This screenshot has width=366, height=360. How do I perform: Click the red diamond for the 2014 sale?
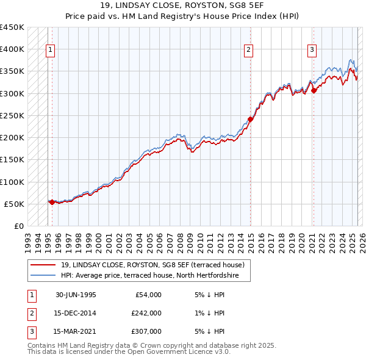[250, 119]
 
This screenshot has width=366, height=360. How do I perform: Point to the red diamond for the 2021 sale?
[314, 90]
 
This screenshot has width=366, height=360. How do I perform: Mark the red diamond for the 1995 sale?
[52, 202]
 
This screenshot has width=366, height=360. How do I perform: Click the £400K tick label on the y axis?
[12, 49]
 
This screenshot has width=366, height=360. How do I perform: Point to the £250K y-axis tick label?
[12, 115]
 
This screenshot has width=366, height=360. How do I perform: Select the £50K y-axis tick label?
[15, 204]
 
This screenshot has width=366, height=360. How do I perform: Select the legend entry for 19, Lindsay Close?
[152, 265]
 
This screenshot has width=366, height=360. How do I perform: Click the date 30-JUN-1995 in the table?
[76, 295]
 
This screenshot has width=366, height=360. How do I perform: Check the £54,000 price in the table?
[146, 295]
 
